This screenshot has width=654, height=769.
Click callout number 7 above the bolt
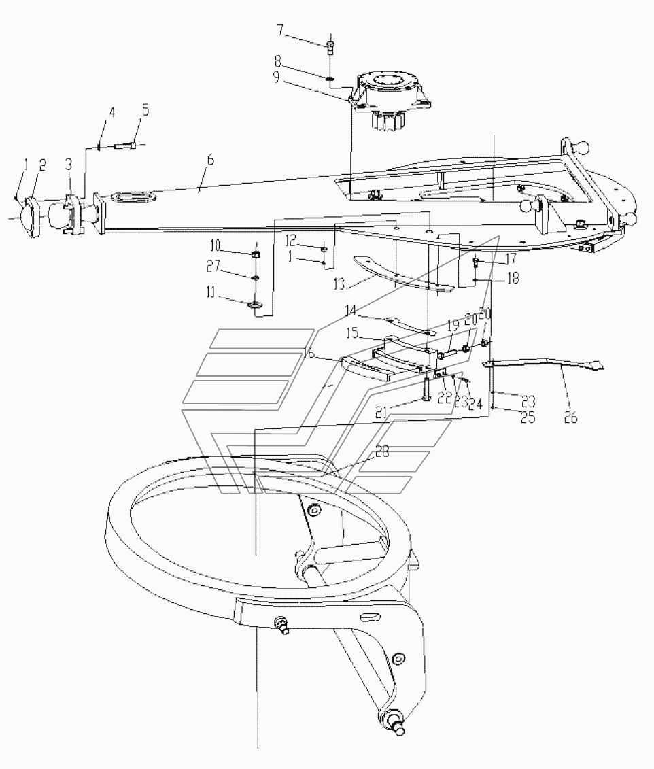pos(279,31)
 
